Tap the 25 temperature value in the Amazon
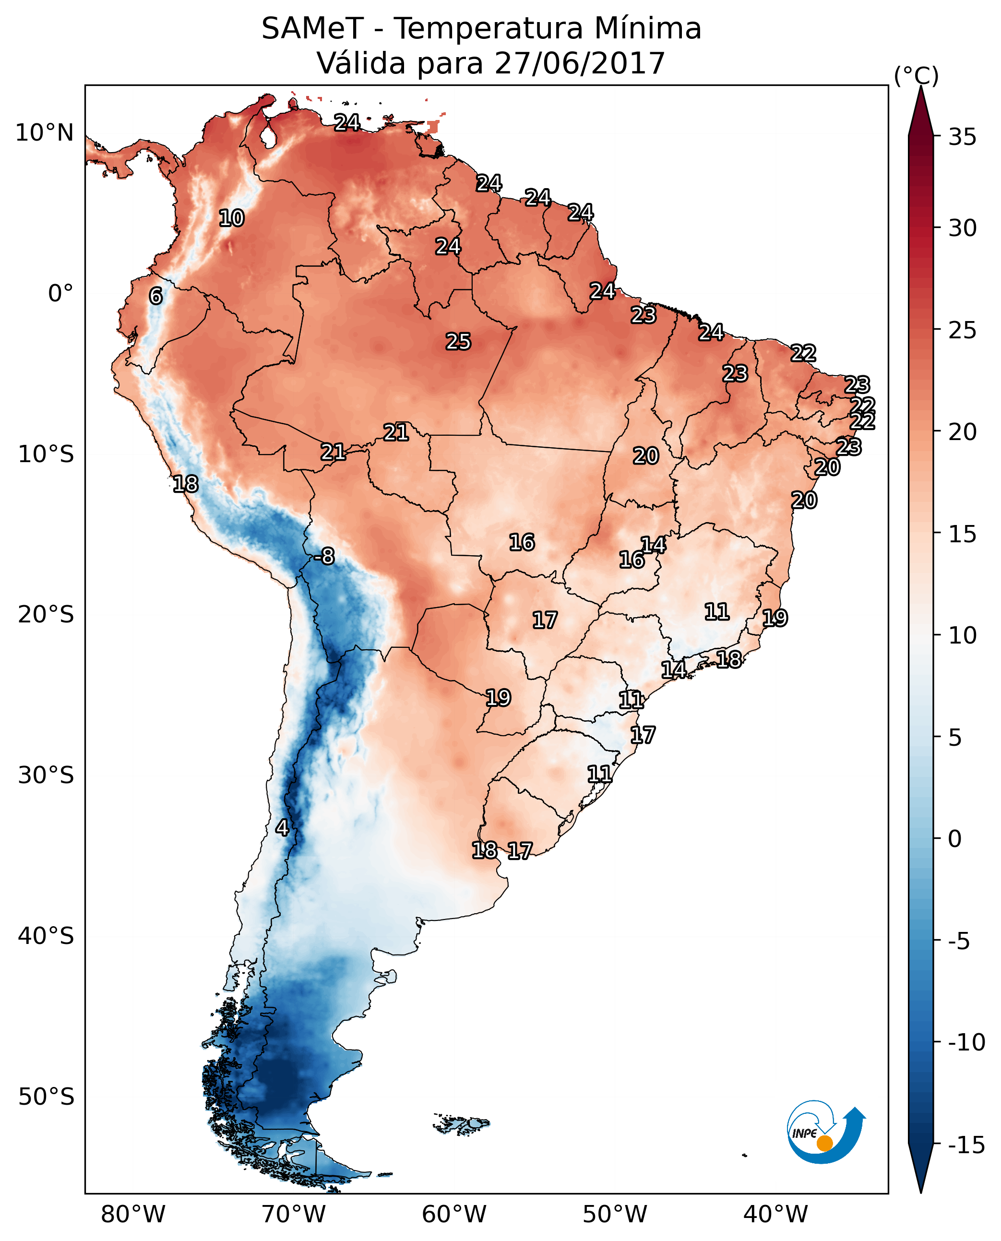458,342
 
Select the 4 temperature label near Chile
282,828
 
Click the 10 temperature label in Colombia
232,218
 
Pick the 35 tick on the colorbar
962,138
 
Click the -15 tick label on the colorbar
966,1146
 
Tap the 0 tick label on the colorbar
955,839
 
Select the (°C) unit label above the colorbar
916,75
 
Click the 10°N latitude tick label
45,133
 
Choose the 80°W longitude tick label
133,1214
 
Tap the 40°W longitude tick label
775,1214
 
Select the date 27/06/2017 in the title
580,63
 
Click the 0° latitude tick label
60,294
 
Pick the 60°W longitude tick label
454,1214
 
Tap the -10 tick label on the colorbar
966,1043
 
